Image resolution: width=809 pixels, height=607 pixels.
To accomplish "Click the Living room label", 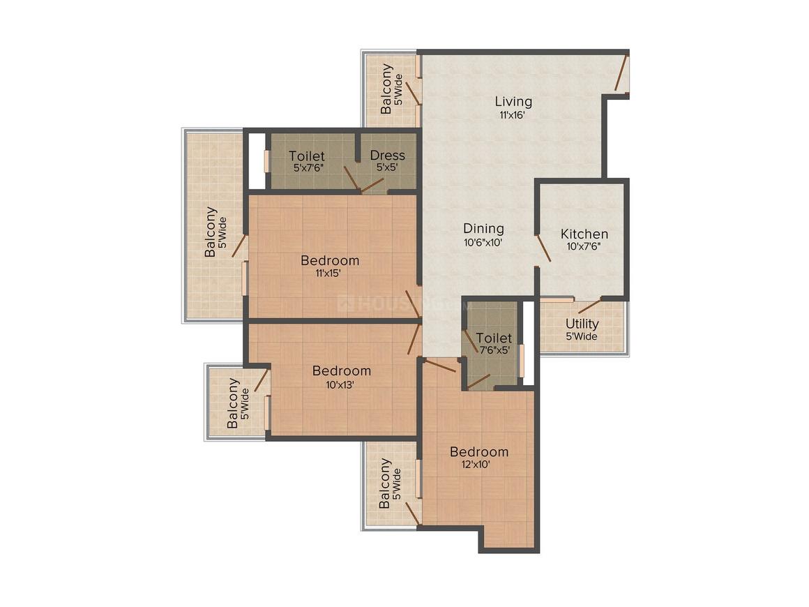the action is point(513,102).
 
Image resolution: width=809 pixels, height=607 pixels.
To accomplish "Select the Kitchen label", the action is point(584,234).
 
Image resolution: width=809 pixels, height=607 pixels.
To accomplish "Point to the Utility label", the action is point(582,324).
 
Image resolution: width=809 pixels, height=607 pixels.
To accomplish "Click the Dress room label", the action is point(388,155).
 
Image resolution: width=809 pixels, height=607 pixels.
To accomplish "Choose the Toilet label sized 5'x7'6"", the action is point(307,156).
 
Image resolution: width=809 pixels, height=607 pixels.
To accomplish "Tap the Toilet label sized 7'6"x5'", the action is point(494,338).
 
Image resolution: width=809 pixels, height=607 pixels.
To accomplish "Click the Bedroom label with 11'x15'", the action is point(330,260).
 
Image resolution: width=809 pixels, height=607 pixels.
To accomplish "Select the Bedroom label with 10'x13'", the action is point(342,370).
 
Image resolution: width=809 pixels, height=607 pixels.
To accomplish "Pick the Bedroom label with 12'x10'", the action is point(479,451).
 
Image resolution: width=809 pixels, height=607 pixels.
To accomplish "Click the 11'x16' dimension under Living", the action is point(513,115).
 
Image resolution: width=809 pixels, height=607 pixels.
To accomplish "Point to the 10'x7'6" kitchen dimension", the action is point(584,247).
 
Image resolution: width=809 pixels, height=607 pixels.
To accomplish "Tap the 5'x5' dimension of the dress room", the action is point(387,167).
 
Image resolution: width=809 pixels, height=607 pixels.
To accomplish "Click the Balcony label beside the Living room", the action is point(386,89).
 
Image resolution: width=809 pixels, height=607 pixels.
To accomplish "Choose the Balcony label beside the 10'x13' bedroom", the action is point(233,403).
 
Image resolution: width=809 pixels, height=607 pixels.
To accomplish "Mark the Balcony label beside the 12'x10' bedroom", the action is point(384,484).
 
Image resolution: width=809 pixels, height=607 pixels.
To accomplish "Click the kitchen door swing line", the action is point(544,248).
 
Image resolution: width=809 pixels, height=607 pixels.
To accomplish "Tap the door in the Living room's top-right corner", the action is point(621,73).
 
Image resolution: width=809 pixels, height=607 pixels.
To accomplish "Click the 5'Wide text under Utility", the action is point(582,336).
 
